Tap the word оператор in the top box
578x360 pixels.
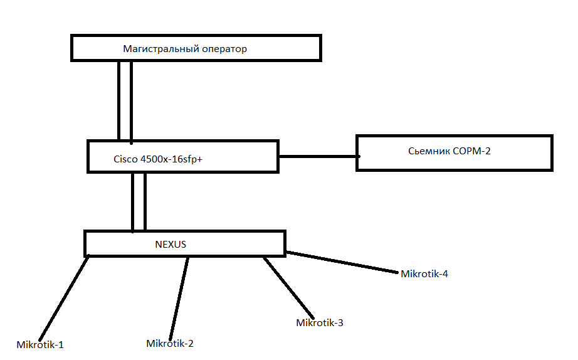[224, 48]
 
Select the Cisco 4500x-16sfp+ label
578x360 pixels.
[157, 159]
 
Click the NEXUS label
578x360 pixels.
[171, 244]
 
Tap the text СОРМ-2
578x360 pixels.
[473, 151]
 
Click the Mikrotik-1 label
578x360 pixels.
[40, 344]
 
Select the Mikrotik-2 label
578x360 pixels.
[169, 343]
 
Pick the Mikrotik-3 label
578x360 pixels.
[319, 323]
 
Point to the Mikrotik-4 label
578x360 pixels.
[424, 273]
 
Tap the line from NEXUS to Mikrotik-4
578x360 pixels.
[344, 263]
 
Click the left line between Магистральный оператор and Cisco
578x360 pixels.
[118, 100]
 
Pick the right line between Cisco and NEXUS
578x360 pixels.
[145, 201]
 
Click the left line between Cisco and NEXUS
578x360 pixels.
[133, 201]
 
